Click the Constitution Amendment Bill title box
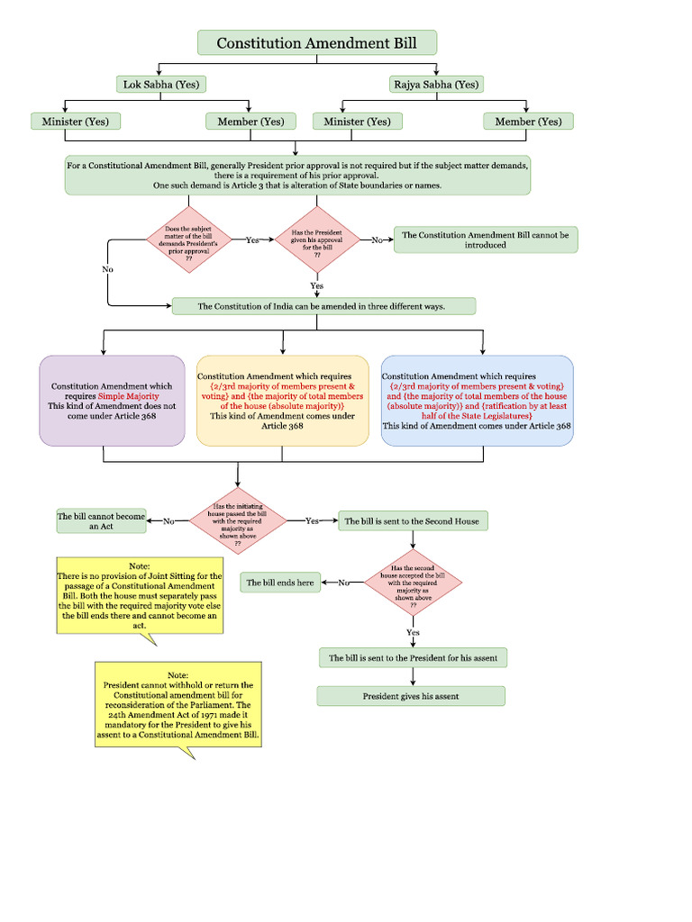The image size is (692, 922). point(317,42)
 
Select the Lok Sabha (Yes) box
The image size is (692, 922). point(161,85)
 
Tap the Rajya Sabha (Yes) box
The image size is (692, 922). point(436,85)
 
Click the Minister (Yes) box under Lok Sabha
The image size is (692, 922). point(76,122)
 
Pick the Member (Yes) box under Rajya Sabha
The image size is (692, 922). point(528,122)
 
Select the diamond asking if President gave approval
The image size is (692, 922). point(317,240)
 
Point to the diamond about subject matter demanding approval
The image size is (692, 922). point(189,240)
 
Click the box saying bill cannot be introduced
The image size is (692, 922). point(485,240)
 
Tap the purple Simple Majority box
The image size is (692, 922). point(112,401)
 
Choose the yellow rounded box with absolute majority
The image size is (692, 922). point(282,401)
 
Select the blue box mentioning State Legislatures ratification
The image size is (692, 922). point(477,401)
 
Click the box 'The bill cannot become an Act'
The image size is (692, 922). point(101,520)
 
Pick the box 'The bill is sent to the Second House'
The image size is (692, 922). point(413,520)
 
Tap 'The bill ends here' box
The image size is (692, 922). point(281,583)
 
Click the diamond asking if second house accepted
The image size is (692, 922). point(413,583)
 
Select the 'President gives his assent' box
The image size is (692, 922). point(410,696)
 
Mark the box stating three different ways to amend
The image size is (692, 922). point(323,306)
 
